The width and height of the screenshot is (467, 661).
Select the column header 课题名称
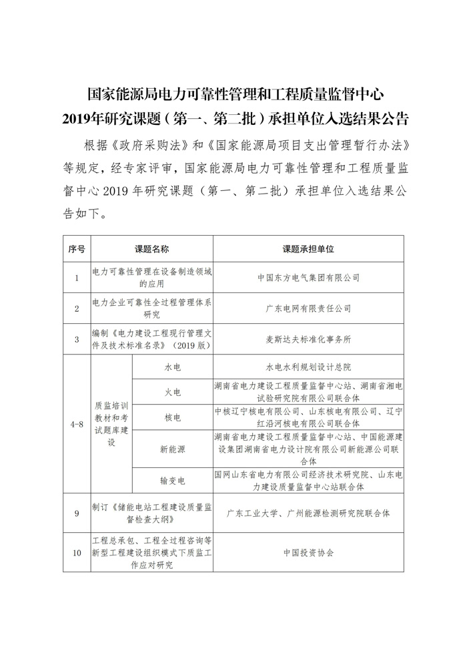coord(151,248)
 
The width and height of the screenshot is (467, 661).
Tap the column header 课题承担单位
coord(308,248)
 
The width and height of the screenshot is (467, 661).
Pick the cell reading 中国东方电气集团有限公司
coord(308,277)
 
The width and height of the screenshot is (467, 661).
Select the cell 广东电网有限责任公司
coord(308,308)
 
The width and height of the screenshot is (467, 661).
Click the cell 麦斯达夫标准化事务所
coord(308,339)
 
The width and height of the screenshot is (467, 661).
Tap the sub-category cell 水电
coord(173,367)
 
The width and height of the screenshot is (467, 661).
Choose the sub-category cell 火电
coord(173,392)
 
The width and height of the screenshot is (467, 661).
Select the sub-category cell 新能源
coord(173,449)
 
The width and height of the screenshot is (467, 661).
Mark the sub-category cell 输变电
coord(173,481)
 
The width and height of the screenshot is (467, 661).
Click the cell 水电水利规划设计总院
coord(308,367)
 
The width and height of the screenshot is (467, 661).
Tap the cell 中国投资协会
coord(308,553)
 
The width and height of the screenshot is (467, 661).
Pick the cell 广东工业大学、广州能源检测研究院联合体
coord(308,513)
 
